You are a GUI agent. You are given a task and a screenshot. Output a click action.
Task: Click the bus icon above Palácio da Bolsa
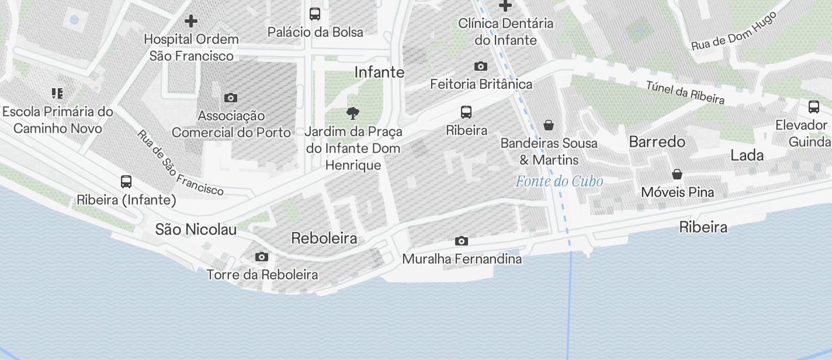[x=314, y=13]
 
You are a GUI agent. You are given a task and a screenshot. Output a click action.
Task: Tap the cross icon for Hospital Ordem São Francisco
[x=190, y=22]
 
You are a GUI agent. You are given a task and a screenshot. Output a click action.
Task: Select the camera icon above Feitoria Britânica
[x=480, y=67]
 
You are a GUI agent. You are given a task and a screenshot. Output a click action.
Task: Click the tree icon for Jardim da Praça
[x=352, y=113]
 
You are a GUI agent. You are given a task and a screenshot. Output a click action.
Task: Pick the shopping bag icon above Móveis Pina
[x=677, y=174]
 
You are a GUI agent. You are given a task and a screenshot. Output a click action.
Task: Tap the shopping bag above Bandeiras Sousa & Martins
[x=548, y=124]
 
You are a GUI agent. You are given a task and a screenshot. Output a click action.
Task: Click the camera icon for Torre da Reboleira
[x=262, y=257]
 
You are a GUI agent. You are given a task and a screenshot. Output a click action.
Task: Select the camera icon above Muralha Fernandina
[x=461, y=241]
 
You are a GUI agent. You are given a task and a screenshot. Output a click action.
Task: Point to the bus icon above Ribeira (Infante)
[x=126, y=182]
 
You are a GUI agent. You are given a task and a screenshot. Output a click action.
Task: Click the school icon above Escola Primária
[x=57, y=94]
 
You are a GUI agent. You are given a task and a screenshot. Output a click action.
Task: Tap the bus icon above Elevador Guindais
[x=813, y=107]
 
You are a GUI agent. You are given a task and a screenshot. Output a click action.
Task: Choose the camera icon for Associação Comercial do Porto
[x=231, y=98]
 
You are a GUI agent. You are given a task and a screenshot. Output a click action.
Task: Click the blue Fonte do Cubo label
[x=559, y=182]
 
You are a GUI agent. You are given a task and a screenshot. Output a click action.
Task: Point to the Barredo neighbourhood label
[x=657, y=142]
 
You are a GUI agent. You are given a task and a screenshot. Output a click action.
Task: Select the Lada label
[x=747, y=155]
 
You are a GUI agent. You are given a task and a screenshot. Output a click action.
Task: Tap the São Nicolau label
[x=196, y=230]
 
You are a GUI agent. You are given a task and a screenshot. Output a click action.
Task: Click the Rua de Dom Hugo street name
[x=734, y=31]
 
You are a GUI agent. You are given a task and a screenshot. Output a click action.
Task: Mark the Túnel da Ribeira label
[x=685, y=92]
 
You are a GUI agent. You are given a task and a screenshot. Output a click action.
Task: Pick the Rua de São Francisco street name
[x=180, y=162]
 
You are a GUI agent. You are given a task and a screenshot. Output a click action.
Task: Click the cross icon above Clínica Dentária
[x=505, y=6]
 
